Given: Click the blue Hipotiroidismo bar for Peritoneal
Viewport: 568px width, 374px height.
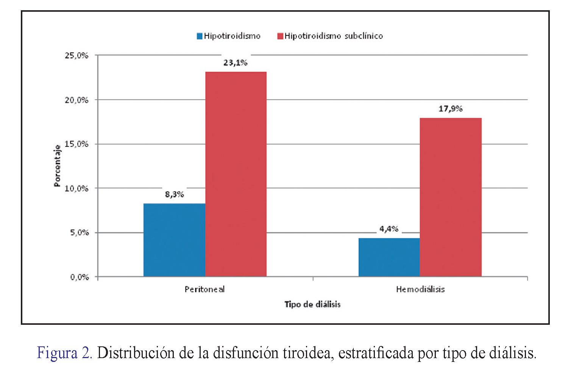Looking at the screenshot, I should pos(174,240).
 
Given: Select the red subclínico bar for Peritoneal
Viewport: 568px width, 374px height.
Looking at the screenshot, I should pos(236,174).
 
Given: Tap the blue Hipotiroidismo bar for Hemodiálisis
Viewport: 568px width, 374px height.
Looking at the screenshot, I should pos(389,257).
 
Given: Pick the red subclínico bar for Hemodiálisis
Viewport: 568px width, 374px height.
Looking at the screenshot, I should pos(451,197).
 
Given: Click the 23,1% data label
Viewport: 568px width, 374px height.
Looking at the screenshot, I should pos(235,63).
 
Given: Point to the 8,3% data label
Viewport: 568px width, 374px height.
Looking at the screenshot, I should pos(174,195).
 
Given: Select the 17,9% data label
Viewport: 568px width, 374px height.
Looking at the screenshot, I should pos(451,109).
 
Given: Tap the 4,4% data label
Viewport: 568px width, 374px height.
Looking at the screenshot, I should pos(389,229).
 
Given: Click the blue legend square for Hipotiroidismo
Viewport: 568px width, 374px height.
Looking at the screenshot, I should pos(200,36).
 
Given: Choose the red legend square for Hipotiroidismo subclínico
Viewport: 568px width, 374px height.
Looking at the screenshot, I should pos(280,36).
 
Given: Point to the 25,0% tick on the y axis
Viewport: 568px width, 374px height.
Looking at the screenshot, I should pos(77,56).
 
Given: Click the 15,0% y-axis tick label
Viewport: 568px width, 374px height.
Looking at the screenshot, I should pos(77,144).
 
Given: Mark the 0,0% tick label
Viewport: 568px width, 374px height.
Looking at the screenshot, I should pos(79,277).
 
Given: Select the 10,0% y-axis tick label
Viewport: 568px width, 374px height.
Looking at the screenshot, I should pos(77,189).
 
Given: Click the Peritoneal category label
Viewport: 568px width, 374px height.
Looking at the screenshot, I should pos(204,290).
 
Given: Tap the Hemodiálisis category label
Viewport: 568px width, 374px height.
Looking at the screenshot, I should pos(420,290).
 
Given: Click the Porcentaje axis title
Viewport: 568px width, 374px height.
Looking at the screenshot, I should pos(57,166).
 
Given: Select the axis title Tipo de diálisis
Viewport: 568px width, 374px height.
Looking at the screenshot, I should pos(312,304).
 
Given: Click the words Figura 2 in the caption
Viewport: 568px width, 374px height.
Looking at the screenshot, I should pos(64,353).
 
